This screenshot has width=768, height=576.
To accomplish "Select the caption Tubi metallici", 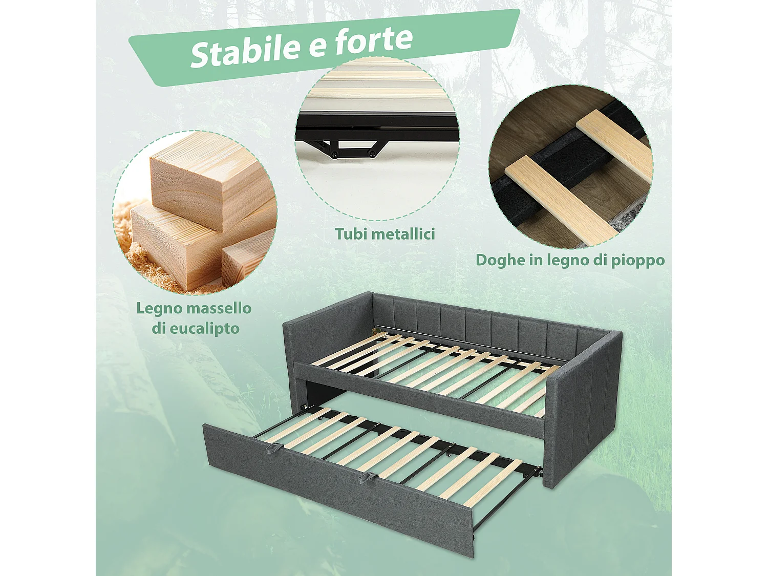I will [385, 234].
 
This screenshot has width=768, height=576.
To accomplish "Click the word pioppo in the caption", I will [638, 260].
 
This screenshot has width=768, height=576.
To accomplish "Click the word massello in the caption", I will [219, 308].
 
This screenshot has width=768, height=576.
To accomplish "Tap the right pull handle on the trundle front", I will [367, 477].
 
